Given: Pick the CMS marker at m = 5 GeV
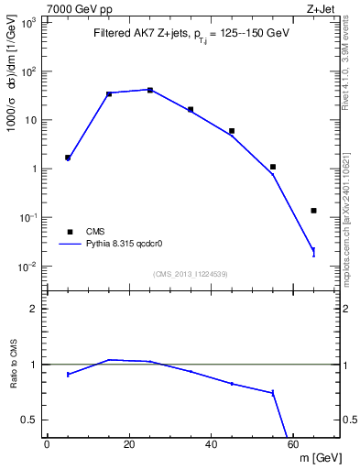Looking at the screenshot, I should [68, 158].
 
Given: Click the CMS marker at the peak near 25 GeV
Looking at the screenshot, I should [150, 90].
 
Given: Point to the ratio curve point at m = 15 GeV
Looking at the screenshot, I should [109, 360].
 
